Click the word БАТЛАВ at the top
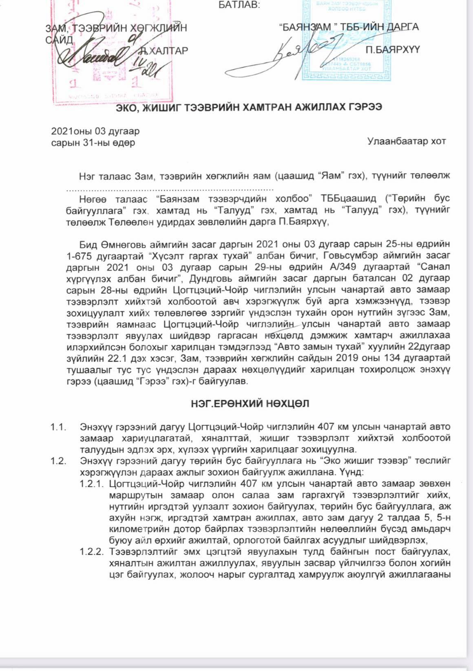239,5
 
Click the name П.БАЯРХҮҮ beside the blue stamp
392,50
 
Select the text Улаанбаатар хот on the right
406,141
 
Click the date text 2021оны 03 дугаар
95,131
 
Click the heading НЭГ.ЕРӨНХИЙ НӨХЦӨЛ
250,404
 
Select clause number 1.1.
58,427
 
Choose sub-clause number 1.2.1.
92,484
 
